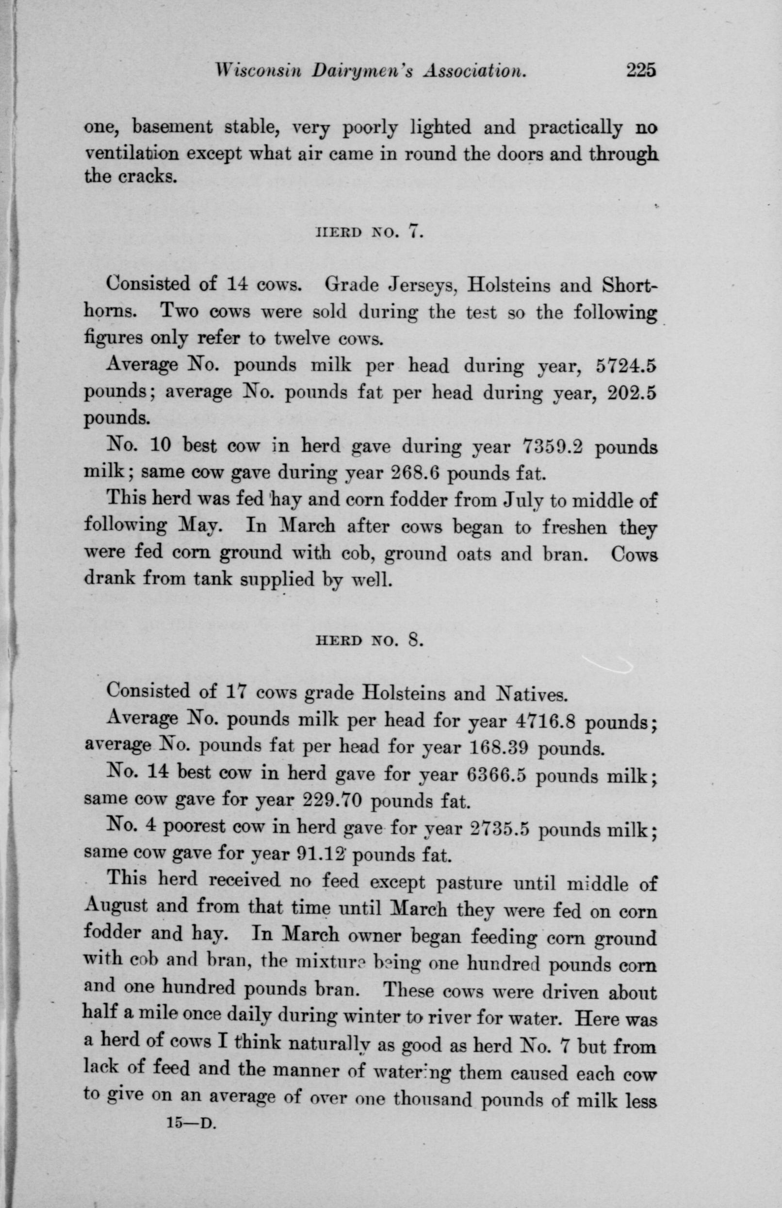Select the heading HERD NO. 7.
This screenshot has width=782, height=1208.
pos(369,233)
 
